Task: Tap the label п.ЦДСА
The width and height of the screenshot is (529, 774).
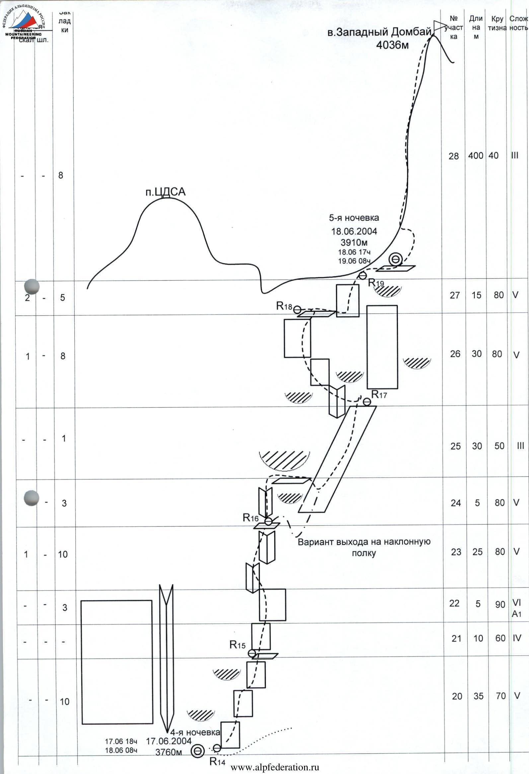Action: click(165, 192)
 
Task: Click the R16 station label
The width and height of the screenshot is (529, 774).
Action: click(251, 518)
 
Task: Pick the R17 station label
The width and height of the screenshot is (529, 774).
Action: click(379, 395)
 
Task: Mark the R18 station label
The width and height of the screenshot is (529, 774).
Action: click(284, 306)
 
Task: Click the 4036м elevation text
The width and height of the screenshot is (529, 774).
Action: click(392, 45)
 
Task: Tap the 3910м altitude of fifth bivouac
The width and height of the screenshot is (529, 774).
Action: click(354, 242)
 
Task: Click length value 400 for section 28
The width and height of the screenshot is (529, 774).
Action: click(475, 156)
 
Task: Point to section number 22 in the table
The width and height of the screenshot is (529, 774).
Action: click(454, 603)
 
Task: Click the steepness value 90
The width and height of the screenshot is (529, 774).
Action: click(500, 604)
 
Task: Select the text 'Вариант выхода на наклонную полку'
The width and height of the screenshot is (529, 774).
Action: click(364, 547)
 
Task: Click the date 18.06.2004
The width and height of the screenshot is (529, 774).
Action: click(354, 231)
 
